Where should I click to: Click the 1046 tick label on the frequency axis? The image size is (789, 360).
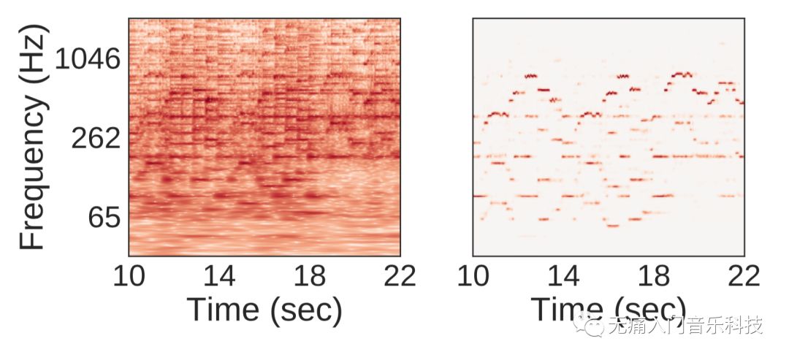[x=87, y=59]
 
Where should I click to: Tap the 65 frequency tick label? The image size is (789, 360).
[x=104, y=217]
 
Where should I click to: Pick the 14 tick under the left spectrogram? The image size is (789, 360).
[x=220, y=276]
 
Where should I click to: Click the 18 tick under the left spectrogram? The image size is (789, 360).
[x=310, y=276]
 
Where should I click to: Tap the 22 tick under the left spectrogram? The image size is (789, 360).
[x=399, y=276]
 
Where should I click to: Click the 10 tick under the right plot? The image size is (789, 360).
[x=474, y=276]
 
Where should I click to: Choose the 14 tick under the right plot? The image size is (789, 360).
[x=564, y=276]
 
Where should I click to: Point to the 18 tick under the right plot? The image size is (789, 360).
[x=655, y=276]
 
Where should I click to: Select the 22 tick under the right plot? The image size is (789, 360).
[x=743, y=276]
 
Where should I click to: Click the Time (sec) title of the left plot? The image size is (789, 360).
[x=264, y=310]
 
